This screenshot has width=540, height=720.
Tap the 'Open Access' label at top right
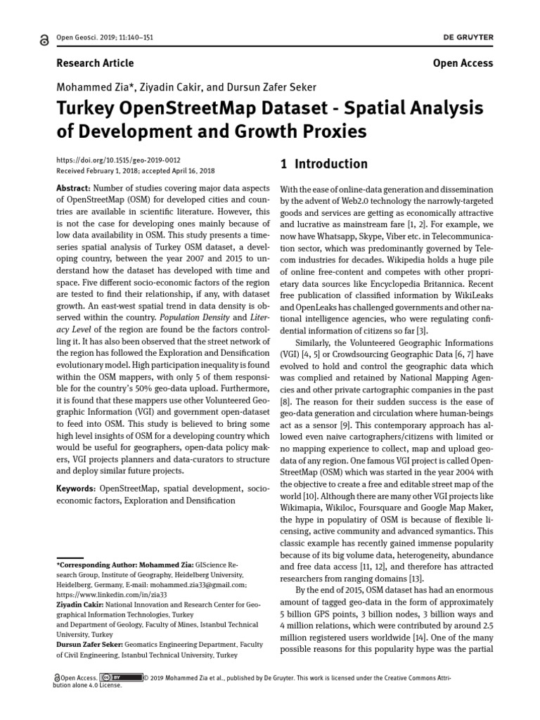click(463, 63)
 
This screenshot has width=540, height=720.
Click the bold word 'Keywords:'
click(77, 488)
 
